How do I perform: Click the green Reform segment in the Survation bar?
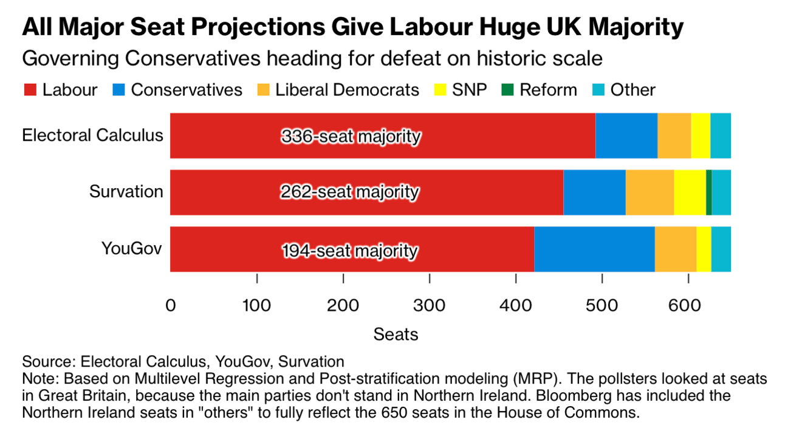[x=708, y=192]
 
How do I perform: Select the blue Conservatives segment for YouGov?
[x=594, y=249]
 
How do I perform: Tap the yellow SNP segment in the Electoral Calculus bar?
[x=700, y=135]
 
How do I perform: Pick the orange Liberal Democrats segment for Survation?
[x=649, y=192]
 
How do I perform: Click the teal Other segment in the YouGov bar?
[x=721, y=249]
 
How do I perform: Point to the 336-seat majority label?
[x=351, y=137]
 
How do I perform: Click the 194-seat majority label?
[x=350, y=250]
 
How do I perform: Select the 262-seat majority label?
[x=350, y=192]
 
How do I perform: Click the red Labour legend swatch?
[x=30, y=90]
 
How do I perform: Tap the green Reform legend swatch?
[x=507, y=90]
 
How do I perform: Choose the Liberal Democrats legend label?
[x=347, y=90]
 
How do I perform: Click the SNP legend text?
[x=470, y=90]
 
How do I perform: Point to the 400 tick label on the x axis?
[x=515, y=304]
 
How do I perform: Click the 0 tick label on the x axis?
[x=171, y=304]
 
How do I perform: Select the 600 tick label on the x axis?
[x=688, y=304]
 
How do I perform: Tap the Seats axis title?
[x=396, y=334]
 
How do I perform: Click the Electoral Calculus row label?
[x=92, y=135]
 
